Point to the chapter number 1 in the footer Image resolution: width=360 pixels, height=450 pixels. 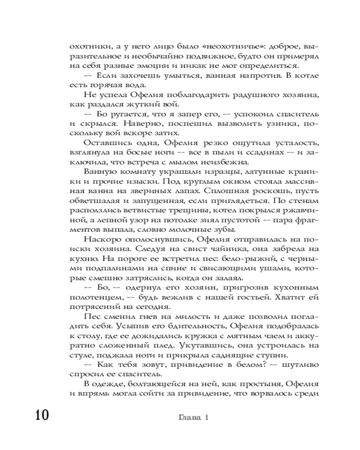coord(207,417)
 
